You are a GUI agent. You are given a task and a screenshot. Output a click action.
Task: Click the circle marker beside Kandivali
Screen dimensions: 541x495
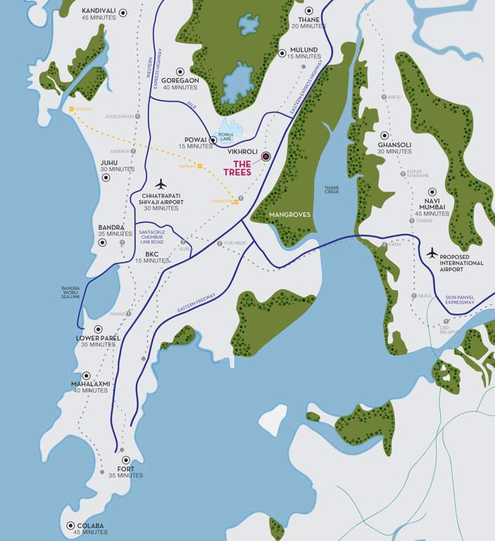tap(123, 12)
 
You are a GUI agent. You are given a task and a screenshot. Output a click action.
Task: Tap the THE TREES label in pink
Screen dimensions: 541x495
tap(237, 168)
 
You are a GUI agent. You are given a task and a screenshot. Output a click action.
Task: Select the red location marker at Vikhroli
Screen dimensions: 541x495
tap(265, 156)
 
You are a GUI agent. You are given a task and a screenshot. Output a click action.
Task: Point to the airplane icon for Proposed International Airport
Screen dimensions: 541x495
tap(432, 252)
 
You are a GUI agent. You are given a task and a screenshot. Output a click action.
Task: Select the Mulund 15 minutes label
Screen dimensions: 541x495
tap(303, 53)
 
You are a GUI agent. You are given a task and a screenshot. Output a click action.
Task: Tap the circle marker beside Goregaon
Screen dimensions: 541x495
tap(180, 71)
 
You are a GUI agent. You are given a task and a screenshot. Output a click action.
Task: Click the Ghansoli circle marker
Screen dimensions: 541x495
tap(384, 135)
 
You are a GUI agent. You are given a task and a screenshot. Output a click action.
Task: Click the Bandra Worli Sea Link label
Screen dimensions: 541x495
tap(71, 292)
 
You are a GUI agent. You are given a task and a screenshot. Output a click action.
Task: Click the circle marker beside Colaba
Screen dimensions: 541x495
tap(70, 526)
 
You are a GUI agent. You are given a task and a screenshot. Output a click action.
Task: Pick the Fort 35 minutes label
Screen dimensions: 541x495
tap(127, 472)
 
